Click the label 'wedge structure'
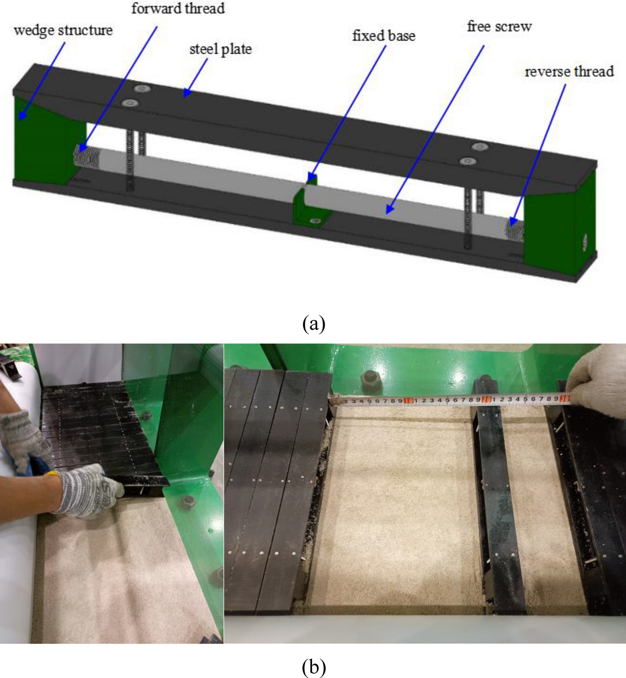63,31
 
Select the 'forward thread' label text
178,8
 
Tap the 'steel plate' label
221,49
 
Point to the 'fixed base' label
384,35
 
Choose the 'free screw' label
499,27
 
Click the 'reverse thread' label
569,71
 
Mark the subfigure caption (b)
314,667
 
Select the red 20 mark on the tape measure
486,399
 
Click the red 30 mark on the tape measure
565,398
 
